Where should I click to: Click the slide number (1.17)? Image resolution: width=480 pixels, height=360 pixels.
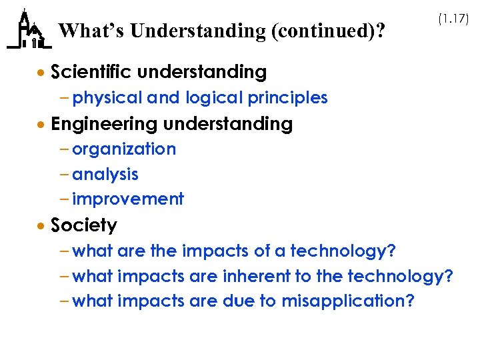click(453, 19)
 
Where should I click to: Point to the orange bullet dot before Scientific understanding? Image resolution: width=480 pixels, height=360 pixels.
click(41, 72)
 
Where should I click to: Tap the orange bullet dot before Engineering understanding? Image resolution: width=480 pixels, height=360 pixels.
click(41, 125)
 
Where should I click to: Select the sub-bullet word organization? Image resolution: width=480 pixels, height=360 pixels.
click(124, 149)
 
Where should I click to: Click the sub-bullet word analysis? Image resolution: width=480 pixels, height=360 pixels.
click(105, 175)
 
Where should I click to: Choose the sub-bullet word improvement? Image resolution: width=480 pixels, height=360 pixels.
click(128, 199)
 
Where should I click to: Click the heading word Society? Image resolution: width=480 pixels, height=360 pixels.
click(84, 225)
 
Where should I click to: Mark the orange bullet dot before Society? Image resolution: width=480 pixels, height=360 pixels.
click(41, 227)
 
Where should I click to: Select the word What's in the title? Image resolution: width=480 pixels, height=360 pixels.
click(92, 31)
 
